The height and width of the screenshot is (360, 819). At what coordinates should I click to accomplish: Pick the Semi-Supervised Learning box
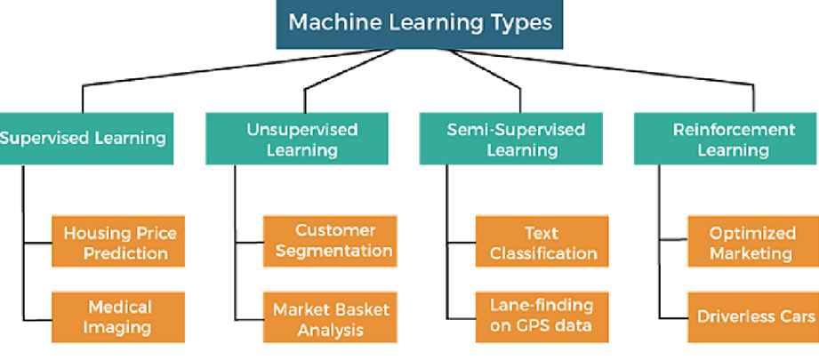(x=516, y=140)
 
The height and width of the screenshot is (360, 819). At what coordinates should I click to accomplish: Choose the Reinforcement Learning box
(x=733, y=140)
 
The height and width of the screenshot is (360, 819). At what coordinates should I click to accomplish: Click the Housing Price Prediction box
(x=119, y=243)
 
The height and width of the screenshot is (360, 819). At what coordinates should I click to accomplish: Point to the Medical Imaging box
(x=119, y=316)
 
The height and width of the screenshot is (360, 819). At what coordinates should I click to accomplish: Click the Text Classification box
(x=542, y=242)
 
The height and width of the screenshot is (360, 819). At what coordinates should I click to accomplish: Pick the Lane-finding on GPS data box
(x=542, y=316)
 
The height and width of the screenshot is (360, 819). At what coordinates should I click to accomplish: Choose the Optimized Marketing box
(x=751, y=242)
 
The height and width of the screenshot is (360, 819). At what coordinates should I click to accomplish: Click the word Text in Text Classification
(x=542, y=232)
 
